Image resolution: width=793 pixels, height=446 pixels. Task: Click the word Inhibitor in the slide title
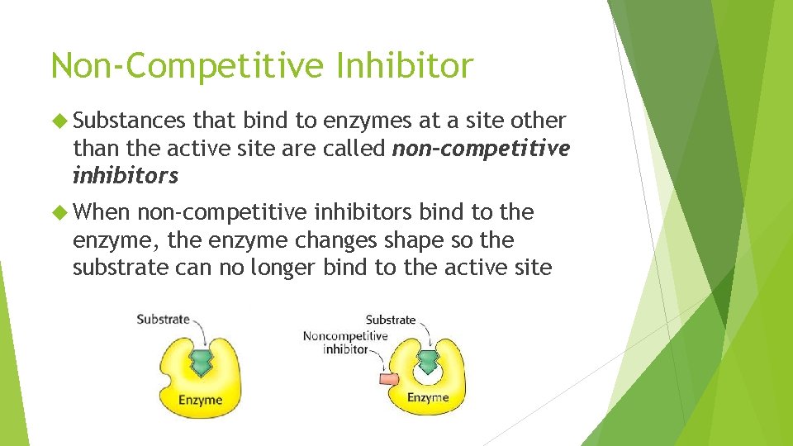tap(405, 65)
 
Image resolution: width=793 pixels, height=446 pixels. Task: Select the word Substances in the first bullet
tap(130, 121)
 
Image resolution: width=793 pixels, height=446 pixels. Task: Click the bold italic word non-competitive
tap(481, 149)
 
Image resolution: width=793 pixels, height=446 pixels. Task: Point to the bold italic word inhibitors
tap(126, 176)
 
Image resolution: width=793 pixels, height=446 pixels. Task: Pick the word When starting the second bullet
tap(102, 213)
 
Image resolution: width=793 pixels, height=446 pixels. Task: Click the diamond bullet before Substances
tap(60, 121)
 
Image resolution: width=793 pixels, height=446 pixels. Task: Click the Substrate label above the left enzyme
tap(163, 319)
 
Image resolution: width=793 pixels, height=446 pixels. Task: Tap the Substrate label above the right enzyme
tap(391, 320)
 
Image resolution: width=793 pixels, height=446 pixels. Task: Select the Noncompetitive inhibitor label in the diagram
tap(344, 342)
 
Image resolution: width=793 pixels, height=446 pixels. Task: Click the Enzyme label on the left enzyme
tap(201, 400)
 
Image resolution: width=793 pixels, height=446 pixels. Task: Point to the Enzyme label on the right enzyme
tap(427, 397)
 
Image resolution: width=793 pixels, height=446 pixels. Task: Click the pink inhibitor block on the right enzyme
tap(387, 379)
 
